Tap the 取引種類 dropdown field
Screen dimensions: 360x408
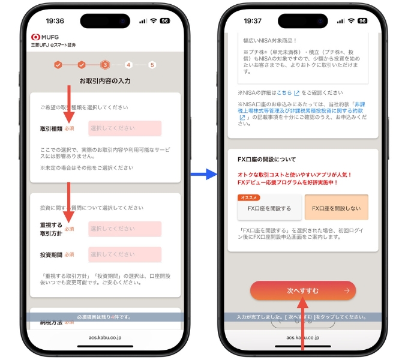[125, 128]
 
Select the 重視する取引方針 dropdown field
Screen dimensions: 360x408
[125, 229]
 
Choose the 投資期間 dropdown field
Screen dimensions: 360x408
[125, 254]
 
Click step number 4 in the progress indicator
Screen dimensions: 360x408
[128, 65]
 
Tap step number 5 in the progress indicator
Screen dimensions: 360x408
[152, 65]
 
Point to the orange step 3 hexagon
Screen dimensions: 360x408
[105, 65]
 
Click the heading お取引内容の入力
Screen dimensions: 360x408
[105, 80]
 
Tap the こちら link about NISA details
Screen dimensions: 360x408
[284, 93]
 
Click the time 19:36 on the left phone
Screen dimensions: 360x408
[55, 20]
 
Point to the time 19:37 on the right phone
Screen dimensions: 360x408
[253, 20]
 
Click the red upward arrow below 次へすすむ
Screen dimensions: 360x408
[303, 327]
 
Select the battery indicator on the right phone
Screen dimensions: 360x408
[362, 20]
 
